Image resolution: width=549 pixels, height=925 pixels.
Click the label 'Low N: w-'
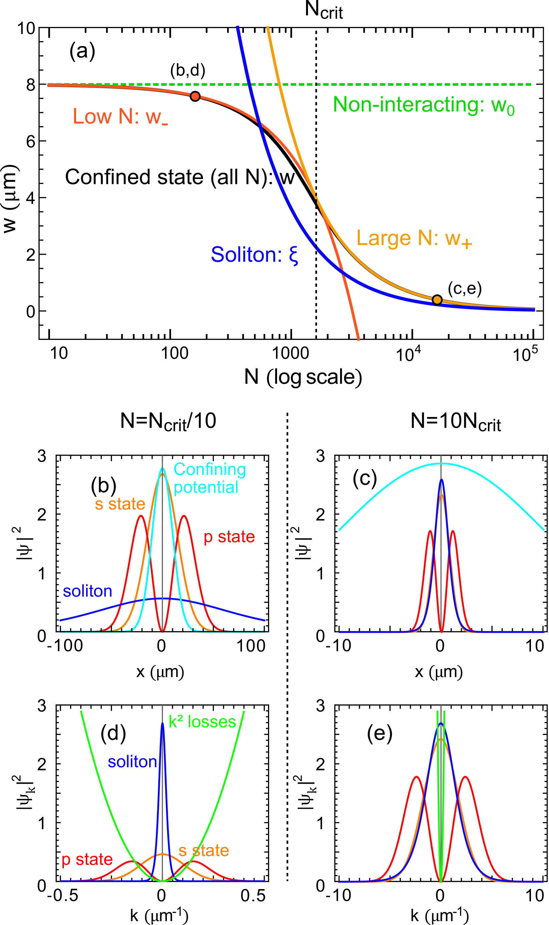(120, 117)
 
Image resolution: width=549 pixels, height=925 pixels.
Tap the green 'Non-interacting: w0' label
(423, 105)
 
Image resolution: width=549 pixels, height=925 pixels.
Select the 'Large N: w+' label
(414, 238)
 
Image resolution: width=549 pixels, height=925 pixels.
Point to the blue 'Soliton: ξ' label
(254, 255)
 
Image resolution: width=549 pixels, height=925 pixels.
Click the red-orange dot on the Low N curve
(195, 96)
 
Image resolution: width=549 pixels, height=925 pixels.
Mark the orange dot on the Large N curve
(437, 300)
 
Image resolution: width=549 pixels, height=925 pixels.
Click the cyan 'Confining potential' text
(209, 478)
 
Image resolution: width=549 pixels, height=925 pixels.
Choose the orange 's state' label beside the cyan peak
(120, 504)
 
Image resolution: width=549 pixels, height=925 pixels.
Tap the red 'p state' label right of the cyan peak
(229, 537)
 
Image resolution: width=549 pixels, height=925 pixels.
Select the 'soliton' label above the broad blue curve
(87, 591)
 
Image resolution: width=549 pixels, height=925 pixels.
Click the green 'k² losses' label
(202, 722)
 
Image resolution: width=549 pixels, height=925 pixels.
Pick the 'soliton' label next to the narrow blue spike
(132, 762)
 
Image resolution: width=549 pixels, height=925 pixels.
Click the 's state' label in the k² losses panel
(204, 851)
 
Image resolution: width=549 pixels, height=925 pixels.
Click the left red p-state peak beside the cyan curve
(141, 516)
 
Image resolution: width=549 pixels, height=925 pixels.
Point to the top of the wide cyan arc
(441, 463)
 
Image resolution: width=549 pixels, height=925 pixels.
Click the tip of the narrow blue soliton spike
(163, 723)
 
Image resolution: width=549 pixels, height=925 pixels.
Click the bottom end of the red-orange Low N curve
(358, 340)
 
